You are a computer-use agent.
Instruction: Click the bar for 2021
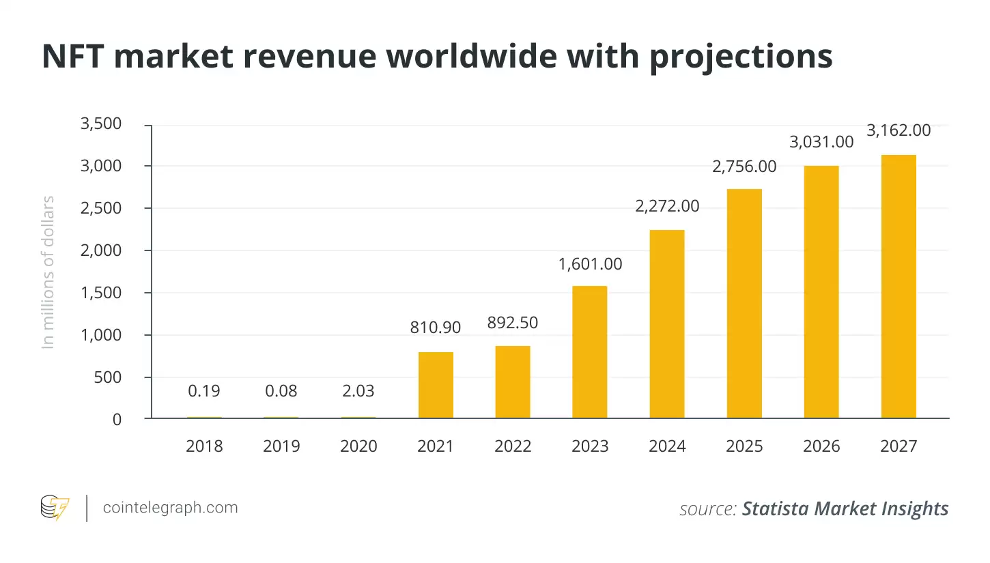tap(436, 385)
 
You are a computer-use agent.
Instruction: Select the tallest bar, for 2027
tap(899, 287)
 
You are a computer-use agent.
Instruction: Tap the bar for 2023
tap(590, 352)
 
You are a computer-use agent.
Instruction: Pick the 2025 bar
tap(744, 304)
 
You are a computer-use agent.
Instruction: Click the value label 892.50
tap(513, 323)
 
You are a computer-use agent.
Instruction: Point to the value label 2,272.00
tap(667, 205)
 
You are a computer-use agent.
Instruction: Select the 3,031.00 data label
tap(821, 142)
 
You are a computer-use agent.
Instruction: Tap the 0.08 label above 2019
tap(281, 391)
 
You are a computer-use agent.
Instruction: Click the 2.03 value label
tap(358, 391)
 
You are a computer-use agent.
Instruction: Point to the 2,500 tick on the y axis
tap(101, 208)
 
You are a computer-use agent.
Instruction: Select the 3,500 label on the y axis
tap(101, 124)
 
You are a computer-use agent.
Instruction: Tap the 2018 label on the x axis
tap(204, 446)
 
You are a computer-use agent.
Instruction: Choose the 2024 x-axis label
tap(667, 446)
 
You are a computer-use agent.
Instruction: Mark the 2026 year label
tap(821, 446)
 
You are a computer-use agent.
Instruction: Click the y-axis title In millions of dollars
tap(48, 272)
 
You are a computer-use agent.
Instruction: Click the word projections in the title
tap(741, 57)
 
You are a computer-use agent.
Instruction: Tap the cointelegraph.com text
tap(170, 508)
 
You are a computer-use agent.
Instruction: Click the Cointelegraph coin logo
tap(55, 508)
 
